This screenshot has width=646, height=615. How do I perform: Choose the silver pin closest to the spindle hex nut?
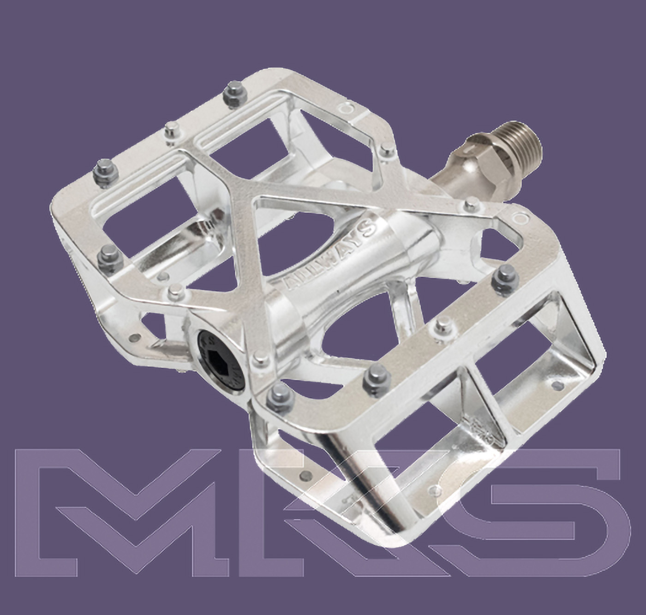click(471, 203)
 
